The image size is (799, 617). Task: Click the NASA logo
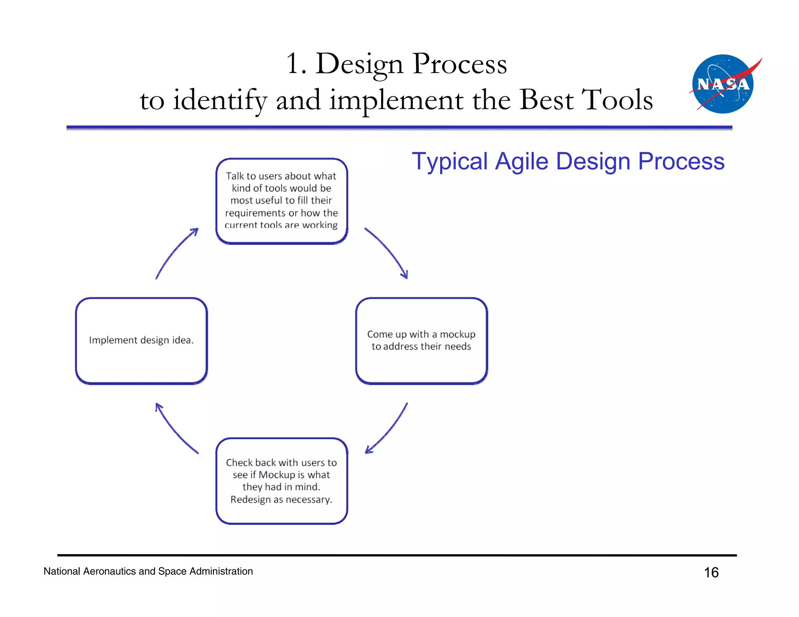click(723, 84)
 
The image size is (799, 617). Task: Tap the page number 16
click(711, 573)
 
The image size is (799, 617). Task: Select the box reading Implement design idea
click(141, 340)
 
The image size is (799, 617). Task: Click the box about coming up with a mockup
click(421, 340)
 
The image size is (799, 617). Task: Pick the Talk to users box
click(281, 201)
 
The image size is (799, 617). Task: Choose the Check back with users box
click(281, 481)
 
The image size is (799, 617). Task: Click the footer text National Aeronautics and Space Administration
click(148, 571)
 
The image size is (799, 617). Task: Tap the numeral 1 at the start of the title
click(293, 64)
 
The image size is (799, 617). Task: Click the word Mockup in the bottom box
click(277, 475)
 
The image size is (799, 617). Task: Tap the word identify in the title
click(220, 100)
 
